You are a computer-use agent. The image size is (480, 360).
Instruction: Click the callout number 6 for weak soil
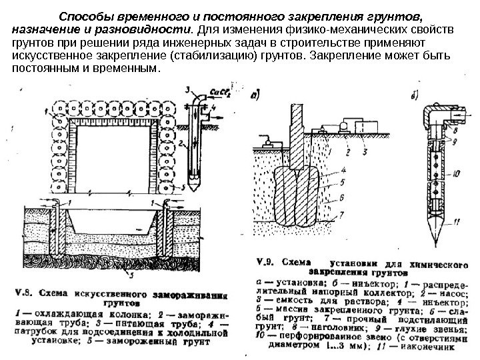(342, 197)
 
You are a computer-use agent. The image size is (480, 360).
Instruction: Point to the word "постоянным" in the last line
(48, 69)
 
